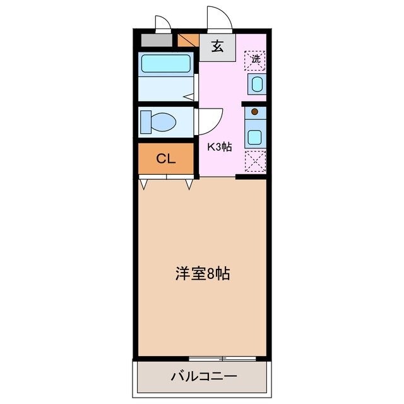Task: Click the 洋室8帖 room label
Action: click(202, 273)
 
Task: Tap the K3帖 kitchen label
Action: click(220, 147)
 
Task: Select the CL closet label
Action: click(166, 158)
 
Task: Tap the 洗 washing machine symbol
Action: click(256, 60)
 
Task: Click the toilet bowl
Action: click(163, 122)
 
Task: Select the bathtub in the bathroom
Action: click(166, 63)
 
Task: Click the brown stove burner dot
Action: click(255, 112)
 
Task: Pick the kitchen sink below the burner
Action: click(255, 136)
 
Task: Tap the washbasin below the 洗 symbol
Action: click(256, 83)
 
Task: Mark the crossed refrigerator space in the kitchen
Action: click(256, 161)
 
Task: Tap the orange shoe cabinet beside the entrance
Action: click(189, 41)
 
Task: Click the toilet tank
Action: click(146, 121)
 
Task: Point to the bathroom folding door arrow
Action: click(188, 97)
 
